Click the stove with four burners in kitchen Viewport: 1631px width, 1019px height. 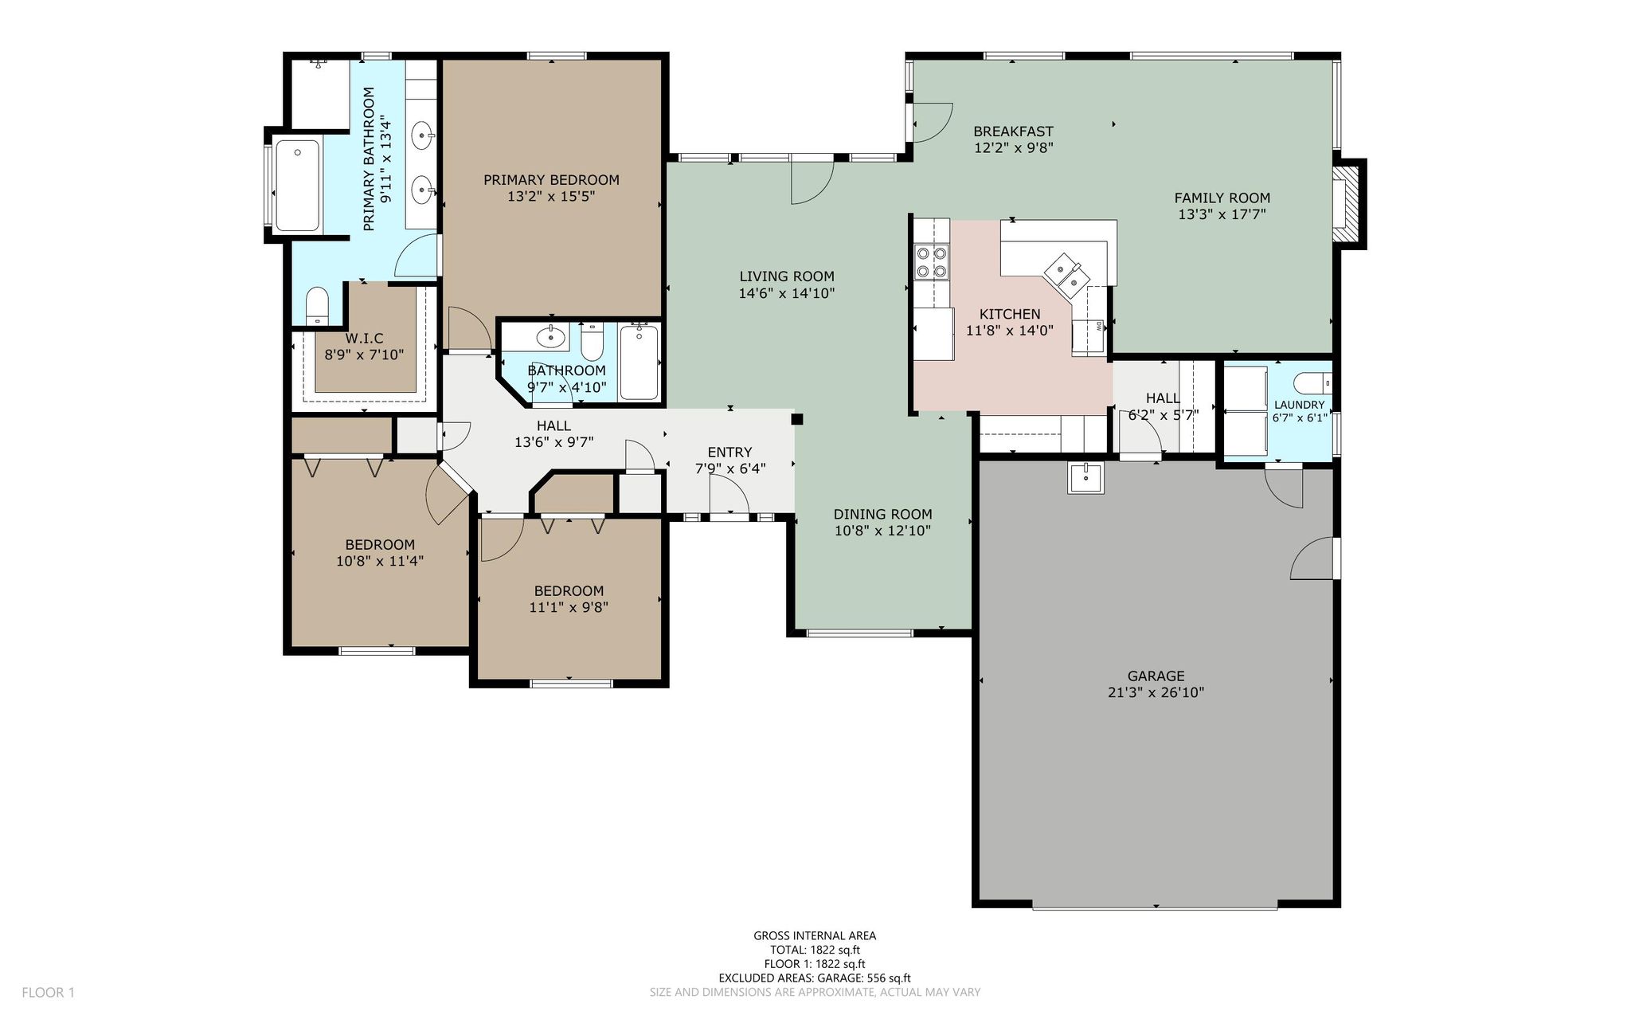tap(932, 262)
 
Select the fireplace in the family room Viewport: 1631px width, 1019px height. tap(1348, 203)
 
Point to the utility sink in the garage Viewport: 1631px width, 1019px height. tap(1085, 478)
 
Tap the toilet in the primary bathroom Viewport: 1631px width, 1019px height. tap(318, 306)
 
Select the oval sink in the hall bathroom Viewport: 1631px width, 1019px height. tap(550, 338)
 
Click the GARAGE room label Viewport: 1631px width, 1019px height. tap(1156, 676)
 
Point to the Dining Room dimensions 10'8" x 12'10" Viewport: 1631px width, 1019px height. tap(882, 531)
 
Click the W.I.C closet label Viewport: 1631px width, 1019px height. tap(364, 339)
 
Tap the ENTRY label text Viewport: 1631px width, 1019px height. tap(729, 453)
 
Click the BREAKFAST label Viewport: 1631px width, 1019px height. tap(1013, 131)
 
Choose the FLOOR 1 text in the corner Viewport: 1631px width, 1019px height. tap(48, 993)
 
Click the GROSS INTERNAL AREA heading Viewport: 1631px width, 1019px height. tap(815, 936)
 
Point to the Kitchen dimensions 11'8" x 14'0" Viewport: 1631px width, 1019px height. tap(1010, 330)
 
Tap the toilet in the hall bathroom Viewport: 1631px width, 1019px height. tap(591, 343)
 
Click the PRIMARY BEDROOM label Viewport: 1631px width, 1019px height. tap(551, 180)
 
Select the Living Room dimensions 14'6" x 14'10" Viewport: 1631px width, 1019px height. tap(787, 293)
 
